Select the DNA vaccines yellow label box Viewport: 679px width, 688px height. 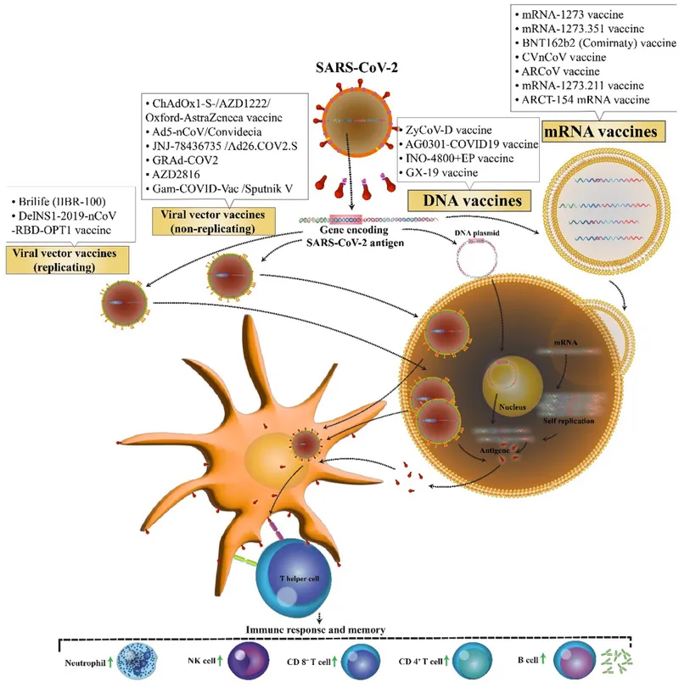pyautogui.click(x=465, y=201)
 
